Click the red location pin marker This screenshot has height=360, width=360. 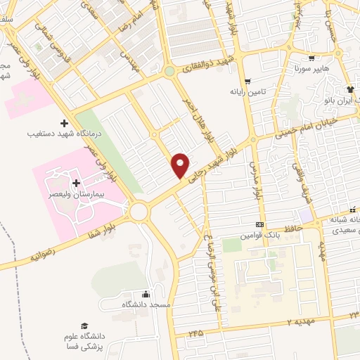click(181, 165)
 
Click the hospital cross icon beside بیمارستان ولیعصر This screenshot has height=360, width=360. click(76, 182)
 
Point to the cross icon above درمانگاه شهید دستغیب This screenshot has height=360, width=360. click(65, 123)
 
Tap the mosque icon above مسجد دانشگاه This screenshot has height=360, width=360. click(146, 294)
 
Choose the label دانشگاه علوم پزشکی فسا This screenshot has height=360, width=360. click(85, 341)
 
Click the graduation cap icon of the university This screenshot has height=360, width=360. click(84, 326)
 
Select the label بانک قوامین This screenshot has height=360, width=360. click(261, 235)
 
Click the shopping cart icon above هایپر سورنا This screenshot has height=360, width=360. click(311, 59)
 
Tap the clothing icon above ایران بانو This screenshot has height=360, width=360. click(349, 90)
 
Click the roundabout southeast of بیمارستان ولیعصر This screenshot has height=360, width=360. click(138, 211)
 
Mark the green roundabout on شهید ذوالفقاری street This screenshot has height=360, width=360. click(169, 71)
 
